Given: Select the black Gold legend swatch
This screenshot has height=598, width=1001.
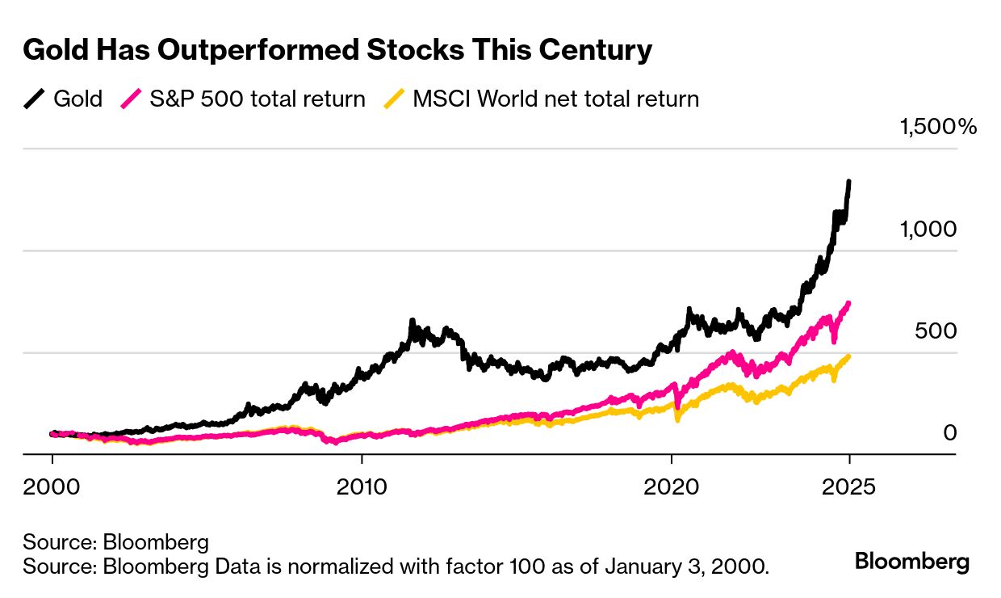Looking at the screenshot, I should coord(35,99).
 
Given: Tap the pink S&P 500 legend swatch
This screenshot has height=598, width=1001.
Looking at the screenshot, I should coord(132,99).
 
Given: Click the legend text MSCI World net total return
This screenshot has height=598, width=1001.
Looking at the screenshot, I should coord(555,99).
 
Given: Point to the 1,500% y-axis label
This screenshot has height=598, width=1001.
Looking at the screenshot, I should coord(938,127).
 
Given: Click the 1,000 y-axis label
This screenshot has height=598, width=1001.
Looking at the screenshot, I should coord(928,230).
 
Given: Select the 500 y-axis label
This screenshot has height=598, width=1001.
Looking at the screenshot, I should coord(936,331).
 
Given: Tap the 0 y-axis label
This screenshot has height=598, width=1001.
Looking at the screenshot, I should coord(950,433).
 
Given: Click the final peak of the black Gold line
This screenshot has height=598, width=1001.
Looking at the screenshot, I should coord(849,182).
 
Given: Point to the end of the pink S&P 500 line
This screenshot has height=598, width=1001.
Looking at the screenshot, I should coord(848,303).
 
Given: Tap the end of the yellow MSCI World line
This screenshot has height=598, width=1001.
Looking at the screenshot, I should coord(848,356).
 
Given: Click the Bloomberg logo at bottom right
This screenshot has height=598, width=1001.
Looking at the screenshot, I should coord(912,562).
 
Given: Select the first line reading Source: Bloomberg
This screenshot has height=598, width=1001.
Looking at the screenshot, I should coord(115,541).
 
